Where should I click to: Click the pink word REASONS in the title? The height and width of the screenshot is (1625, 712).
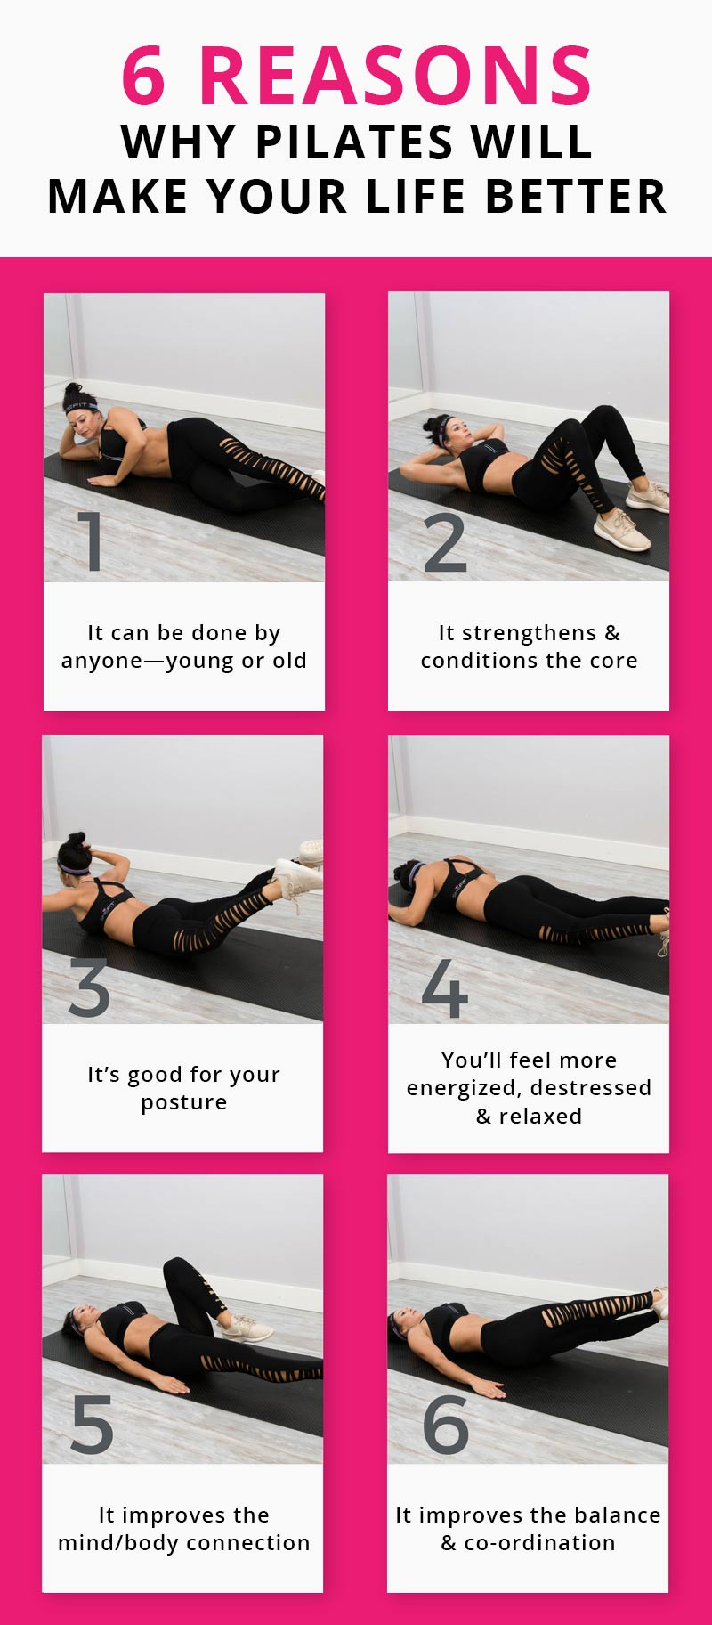(396, 77)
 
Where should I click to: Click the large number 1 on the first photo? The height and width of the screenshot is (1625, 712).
(90, 540)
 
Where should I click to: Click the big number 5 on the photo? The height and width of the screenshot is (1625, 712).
(92, 1425)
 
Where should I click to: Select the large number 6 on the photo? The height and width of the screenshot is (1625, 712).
(445, 1425)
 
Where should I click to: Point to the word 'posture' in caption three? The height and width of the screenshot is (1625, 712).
(183, 1102)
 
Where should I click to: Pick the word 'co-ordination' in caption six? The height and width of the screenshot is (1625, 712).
(540, 1543)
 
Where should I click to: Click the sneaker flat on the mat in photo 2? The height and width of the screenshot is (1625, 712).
(621, 531)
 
